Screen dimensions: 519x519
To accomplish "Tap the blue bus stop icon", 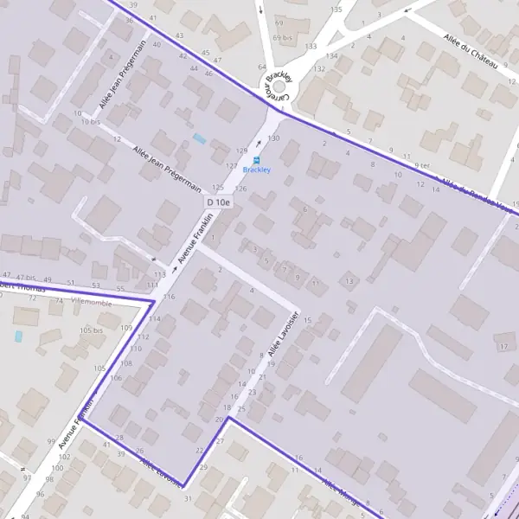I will [x=256, y=160].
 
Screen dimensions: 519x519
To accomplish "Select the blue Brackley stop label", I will [x=256, y=170].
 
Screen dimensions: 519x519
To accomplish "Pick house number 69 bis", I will [x=282, y=38].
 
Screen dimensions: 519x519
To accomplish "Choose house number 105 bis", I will [x=91, y=331].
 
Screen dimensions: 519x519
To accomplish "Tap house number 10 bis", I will [x=90, y=122].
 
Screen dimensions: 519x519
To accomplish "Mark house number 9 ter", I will [x=421, y=165].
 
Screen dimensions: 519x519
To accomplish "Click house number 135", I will [x=336, y=10].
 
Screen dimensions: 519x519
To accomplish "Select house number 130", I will [x=274, y=138].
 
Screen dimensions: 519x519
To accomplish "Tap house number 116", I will [x=169, y=297].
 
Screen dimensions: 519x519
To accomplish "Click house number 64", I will [x=262, y=67].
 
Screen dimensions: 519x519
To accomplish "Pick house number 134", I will [x=330, y=56].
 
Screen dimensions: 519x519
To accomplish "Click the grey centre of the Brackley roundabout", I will [x=279, y=86].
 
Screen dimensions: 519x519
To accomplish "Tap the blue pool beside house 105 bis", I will [x=18, y=336].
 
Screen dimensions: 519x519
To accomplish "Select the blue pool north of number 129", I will [x=200, y=138].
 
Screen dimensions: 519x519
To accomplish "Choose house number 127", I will [x=231, y=165].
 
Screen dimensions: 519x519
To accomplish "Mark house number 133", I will [x=311, y=46].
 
